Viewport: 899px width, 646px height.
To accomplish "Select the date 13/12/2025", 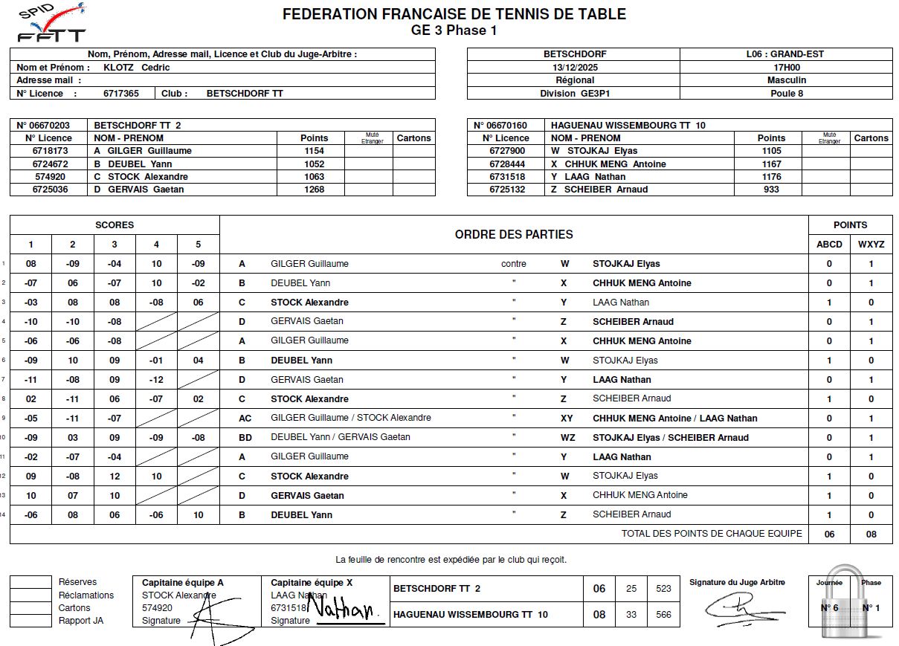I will pyautogui.click(x=574, y=67).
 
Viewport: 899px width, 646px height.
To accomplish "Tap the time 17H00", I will pyautogui.click(x=786, y=67).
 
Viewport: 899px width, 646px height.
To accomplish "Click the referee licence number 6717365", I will pyautogui.click(x=120, y=94).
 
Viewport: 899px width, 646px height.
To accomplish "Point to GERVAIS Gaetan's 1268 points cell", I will pyautogui.click(x=314, y=190).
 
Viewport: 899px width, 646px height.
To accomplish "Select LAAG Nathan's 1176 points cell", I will pyautogui.click(x=771, y=177).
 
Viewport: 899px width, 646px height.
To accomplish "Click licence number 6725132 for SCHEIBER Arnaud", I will pyautogui.click(x=507, y=190).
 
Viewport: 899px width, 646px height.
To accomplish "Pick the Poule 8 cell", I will pyautogui.click(x=786, y=94).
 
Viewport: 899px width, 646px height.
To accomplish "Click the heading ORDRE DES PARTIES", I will pyautogui.click(x=514, y=235).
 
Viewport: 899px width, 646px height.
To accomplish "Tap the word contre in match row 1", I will pyautogui.click(x=513, y=264).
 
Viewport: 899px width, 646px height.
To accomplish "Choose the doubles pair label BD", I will pyautogui.click(x=245, y=438).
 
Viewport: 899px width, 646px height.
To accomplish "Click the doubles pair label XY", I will pyautogui.click(x=567, y=419).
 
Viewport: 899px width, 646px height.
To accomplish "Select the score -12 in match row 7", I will pyautogui.click(x=156, y=380).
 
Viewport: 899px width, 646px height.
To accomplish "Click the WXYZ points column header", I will pyautogui.click(x=871, y=245).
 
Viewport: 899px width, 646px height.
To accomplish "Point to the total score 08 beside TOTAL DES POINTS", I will pyautogui.click(x=871, y=534).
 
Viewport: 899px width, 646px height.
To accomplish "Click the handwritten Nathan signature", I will pyautogui.click(x=344, y=610).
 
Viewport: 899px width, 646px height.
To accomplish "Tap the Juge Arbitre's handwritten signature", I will pyautogui.click(x=736, y=609).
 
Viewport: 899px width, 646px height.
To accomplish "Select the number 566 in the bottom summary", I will pyautogui.click(x=663, y=615).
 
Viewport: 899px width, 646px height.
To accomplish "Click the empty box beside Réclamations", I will pyautogui.click(x=30, y=595).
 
